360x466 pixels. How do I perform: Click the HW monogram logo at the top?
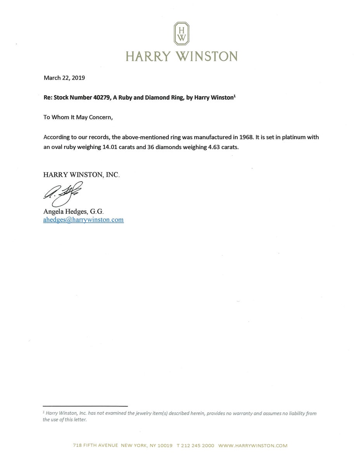[182, 33]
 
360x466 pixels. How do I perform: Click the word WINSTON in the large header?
[206, 56]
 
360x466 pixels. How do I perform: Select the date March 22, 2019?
[64, 78]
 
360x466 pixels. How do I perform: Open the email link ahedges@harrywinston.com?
[83, 220]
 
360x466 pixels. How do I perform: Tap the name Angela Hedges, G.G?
[73, 211]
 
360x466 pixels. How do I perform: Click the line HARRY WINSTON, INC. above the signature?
[81, 175]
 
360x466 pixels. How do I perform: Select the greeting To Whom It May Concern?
[78, 117]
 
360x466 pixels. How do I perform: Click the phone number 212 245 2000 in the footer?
[197, 445]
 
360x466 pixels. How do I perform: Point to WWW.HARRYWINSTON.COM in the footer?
[253, 445]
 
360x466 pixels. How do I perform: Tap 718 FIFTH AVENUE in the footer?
[95, 445]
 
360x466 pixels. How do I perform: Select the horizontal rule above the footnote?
[85, 406]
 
